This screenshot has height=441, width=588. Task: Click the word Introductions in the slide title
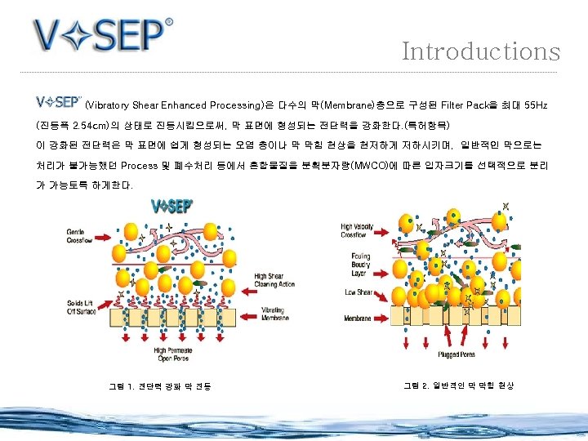[x=480, y=51]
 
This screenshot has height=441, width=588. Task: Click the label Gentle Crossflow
[x=80, y=236]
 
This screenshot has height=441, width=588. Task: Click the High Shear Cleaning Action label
[x=274, y=281]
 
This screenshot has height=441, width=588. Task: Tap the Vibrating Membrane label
[x=274, y=315]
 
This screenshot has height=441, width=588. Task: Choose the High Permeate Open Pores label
[x=172, y=354]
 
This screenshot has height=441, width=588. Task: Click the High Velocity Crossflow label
[x=359, y=230]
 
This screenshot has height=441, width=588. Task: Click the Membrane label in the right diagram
[x=359, y=318]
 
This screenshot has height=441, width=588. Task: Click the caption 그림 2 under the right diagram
[x=459, y=385]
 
